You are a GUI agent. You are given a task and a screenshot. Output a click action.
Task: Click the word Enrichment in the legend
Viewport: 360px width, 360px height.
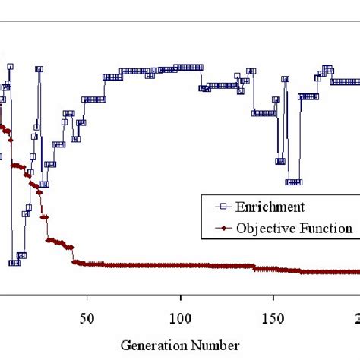click(x=270, y=207)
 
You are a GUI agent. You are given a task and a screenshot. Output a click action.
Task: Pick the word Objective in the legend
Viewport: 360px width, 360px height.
click(x=263, y=227)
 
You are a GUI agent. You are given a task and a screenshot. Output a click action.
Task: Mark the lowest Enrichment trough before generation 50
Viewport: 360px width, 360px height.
click(x=14, y=263)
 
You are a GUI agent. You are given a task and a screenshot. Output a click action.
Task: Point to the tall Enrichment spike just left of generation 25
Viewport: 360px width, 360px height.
click(x=39, y=69)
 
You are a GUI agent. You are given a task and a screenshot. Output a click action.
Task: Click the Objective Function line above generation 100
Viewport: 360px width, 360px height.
click(x=181, y=265)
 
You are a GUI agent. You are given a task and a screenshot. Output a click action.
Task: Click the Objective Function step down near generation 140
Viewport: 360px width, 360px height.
click(x=256, y=267)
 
